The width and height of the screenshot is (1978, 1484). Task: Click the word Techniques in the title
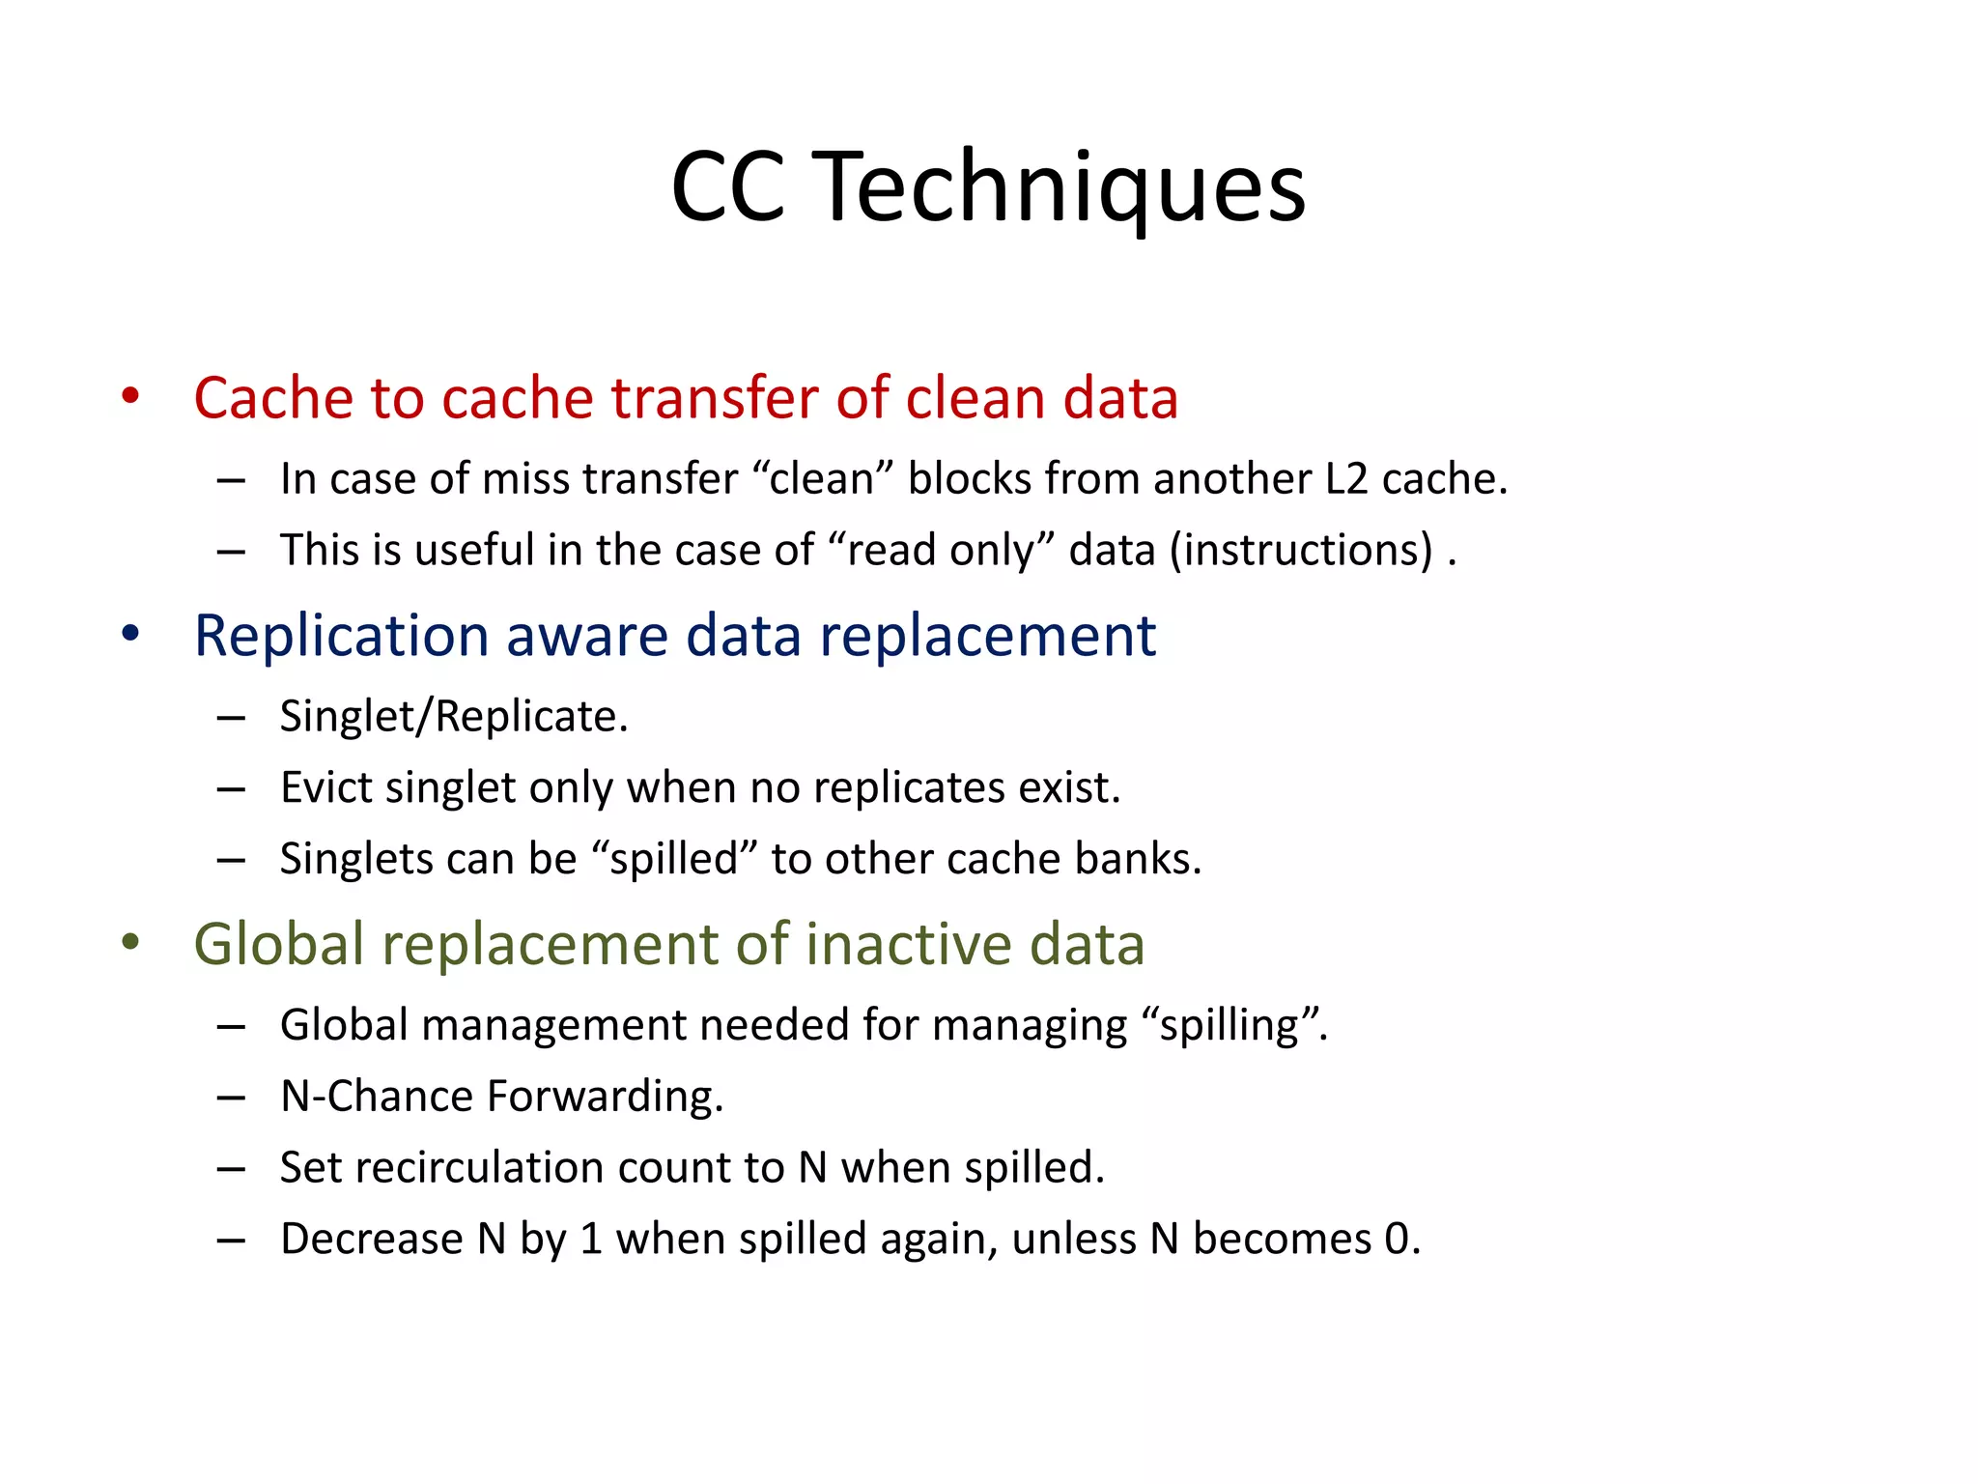[1062, 188]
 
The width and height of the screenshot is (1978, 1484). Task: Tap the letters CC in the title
[727, 188]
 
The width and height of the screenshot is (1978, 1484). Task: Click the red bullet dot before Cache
[130, 396]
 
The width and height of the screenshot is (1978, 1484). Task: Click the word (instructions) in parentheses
[1301, 551]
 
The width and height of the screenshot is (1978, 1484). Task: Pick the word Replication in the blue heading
[342, 636]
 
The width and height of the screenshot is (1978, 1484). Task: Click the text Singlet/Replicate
[454, 717]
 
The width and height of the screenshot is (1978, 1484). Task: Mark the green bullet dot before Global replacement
[130, 942]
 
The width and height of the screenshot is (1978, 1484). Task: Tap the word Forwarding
[605, 1097]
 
